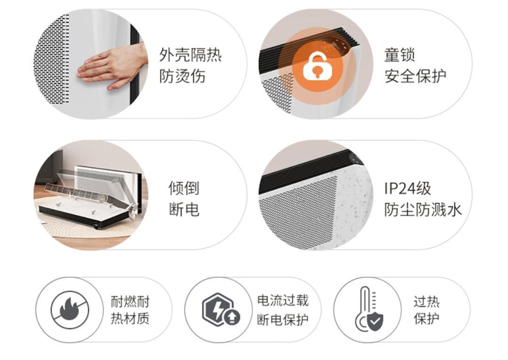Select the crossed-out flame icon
(x=70, y=310)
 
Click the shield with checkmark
(x=375, y=321)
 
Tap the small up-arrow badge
(x=231, y=317)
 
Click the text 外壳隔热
(x=190, y=55)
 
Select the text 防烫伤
(x=183, y=77)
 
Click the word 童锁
(x=399, y=55)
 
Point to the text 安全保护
(x=415, y=77)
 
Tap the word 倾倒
(x=184, y=188)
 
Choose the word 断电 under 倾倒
(x=184, y=210)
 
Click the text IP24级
(x=407, y=188)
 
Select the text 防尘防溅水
(x=423, y=210)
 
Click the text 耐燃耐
(x=130, y=302)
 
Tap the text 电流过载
(x=283, y=300)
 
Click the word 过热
(x=426, y=302)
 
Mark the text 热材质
(x=130, y=318)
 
